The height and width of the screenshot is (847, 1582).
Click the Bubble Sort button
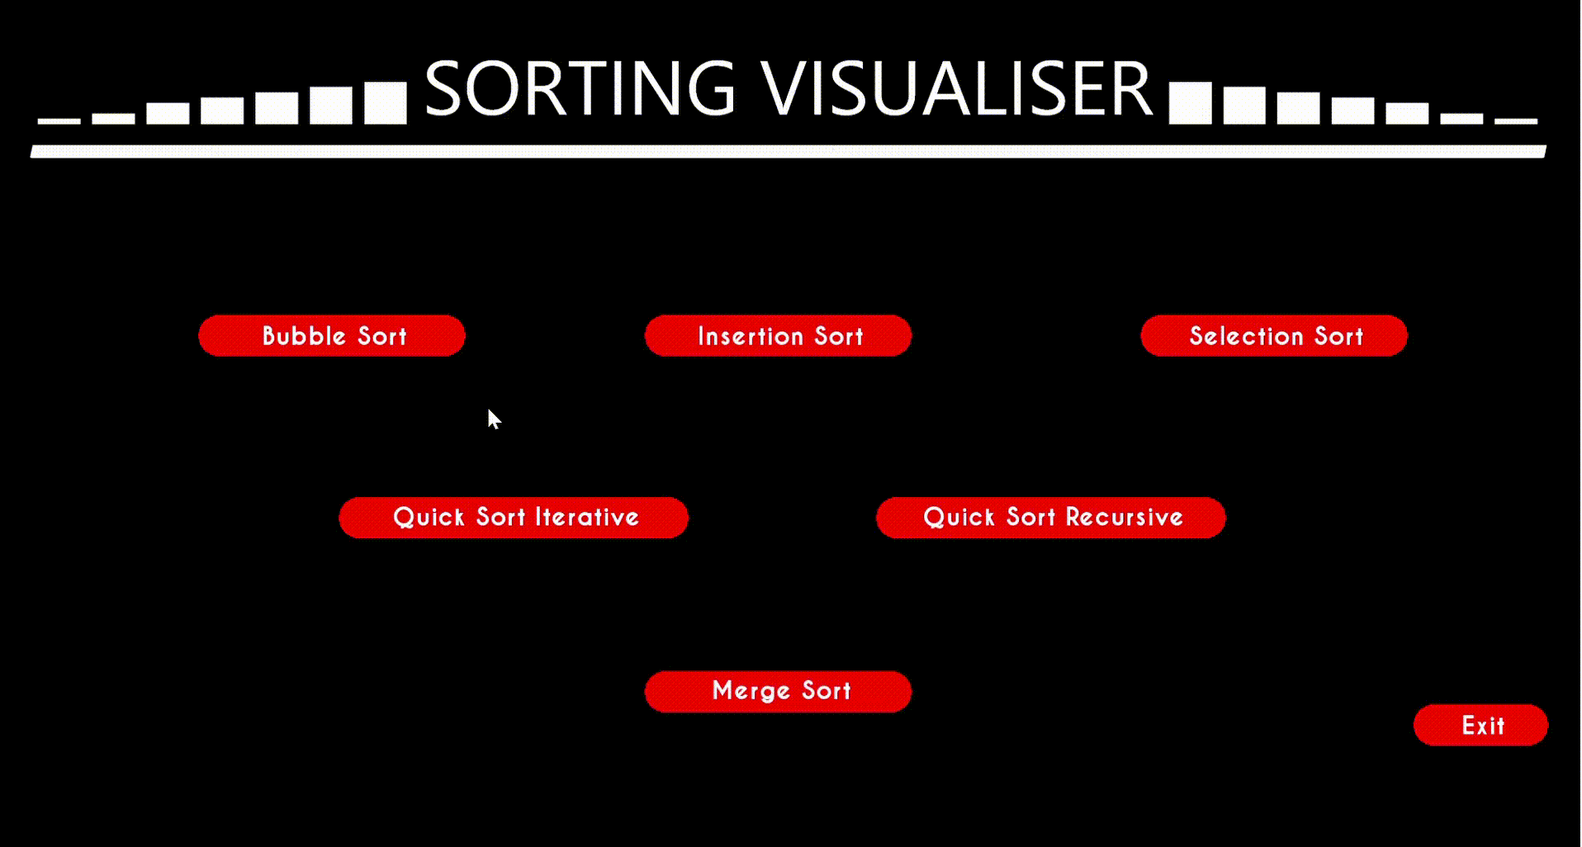332,336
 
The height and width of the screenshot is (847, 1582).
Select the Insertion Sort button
778,336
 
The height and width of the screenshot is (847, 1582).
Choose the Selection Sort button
1274,336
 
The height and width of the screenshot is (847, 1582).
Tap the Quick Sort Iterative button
514,518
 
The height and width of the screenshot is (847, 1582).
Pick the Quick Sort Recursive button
1051,518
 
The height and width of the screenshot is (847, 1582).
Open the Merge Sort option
778,691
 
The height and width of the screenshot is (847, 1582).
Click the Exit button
1480,725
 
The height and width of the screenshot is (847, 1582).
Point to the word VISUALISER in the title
955,88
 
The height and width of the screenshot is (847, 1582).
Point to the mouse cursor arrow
493,419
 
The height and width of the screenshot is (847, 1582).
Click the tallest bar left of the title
386,103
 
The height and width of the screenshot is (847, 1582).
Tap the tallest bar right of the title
1190,103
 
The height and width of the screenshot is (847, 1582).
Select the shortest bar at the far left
59,121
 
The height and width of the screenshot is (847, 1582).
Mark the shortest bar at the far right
1516,121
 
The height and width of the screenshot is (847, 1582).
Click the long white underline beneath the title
789,151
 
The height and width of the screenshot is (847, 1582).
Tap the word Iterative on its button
587,518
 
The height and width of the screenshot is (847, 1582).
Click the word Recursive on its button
1124,518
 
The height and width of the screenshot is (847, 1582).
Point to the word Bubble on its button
304,336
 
